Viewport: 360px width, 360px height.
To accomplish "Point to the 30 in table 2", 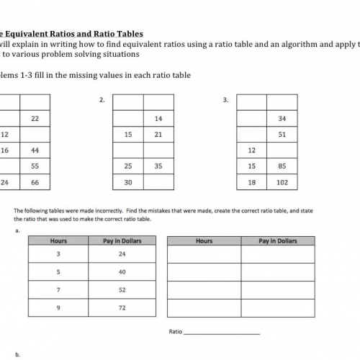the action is point(128,183).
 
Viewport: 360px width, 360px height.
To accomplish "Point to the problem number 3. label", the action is point(226,100).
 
